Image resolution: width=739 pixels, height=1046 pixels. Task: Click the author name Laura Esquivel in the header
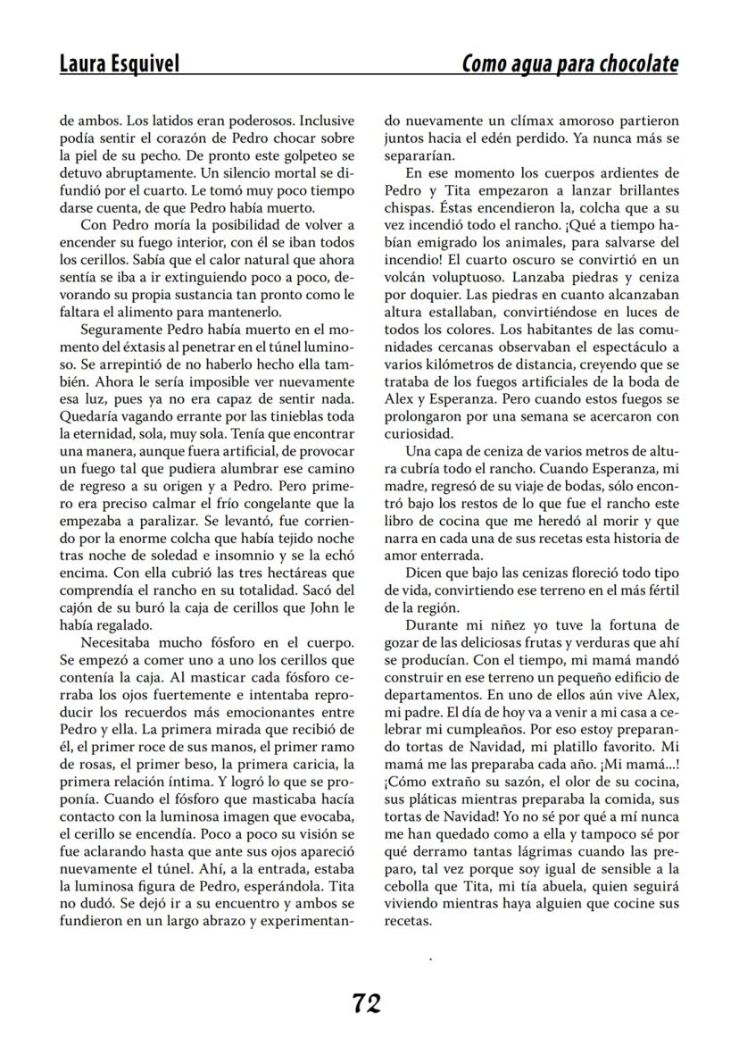tap(118, 63)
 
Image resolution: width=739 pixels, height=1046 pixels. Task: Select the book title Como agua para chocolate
tap(569, 63)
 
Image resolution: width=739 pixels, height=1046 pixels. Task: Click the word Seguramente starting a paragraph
tap(120, 329)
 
